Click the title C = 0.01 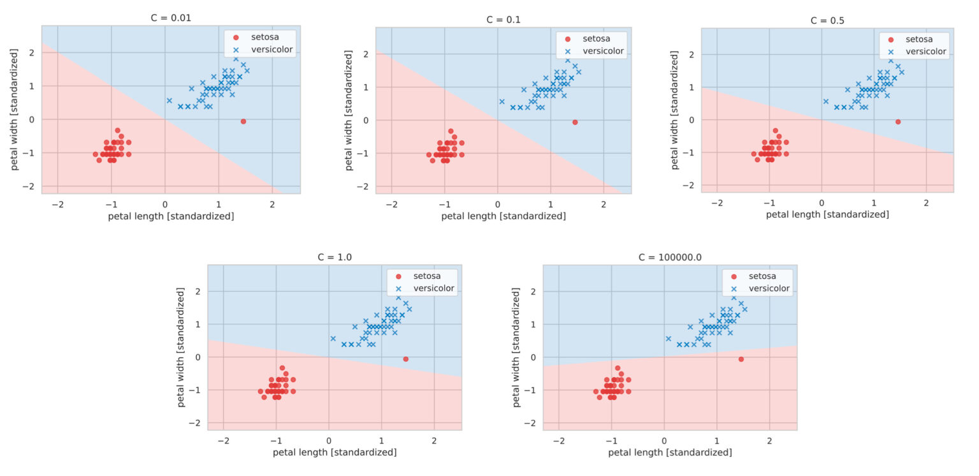(171, 18)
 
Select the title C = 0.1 (504, 19)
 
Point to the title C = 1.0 (335, 257)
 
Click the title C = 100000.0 (670, 257)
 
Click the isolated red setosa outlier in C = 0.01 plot (243, 121)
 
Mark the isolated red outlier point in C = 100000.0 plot (741, 359)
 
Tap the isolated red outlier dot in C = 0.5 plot (898, 121)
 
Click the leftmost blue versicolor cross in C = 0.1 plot (502, 101)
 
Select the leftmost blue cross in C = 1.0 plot (333, 339)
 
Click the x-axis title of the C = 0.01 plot (171, 216)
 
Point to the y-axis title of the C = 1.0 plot (180, 347)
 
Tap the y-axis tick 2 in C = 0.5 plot (692, 54)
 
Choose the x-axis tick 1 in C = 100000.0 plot (716, 440)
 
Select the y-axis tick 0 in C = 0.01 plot (32, 119)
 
